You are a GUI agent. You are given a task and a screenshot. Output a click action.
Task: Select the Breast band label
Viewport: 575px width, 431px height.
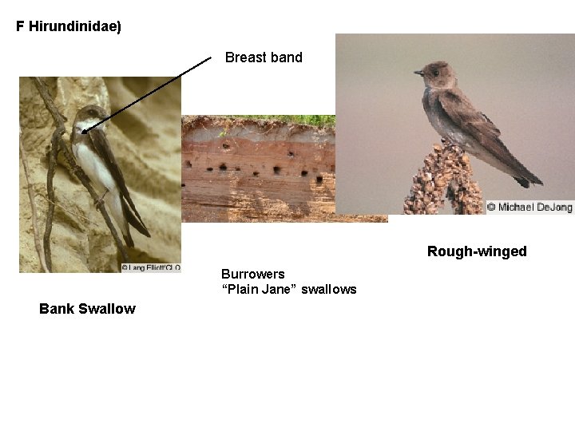(x=264, y=57)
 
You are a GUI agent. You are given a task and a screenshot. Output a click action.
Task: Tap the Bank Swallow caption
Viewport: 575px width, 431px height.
(x=87, y=309)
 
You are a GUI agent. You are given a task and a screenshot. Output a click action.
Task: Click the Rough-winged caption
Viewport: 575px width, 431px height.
(x=477, y=251)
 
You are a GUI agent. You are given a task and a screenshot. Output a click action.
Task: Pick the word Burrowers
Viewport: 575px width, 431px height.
(x=252, y=275)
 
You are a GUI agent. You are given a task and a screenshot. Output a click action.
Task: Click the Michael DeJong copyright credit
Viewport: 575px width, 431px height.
(x=530, y=208)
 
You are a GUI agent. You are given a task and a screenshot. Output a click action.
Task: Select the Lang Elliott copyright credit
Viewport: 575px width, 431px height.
(x=151, y=268)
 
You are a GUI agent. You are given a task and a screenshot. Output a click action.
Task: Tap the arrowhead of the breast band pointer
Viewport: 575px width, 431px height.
(x=83, y=130)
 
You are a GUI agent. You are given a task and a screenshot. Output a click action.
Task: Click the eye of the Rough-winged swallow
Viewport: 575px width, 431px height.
(x=434, y=71)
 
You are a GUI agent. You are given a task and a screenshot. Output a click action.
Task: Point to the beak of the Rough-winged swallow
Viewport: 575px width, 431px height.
(x=418, y=73)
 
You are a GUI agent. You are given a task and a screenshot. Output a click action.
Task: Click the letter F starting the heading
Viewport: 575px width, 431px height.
(x=20, y=26)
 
